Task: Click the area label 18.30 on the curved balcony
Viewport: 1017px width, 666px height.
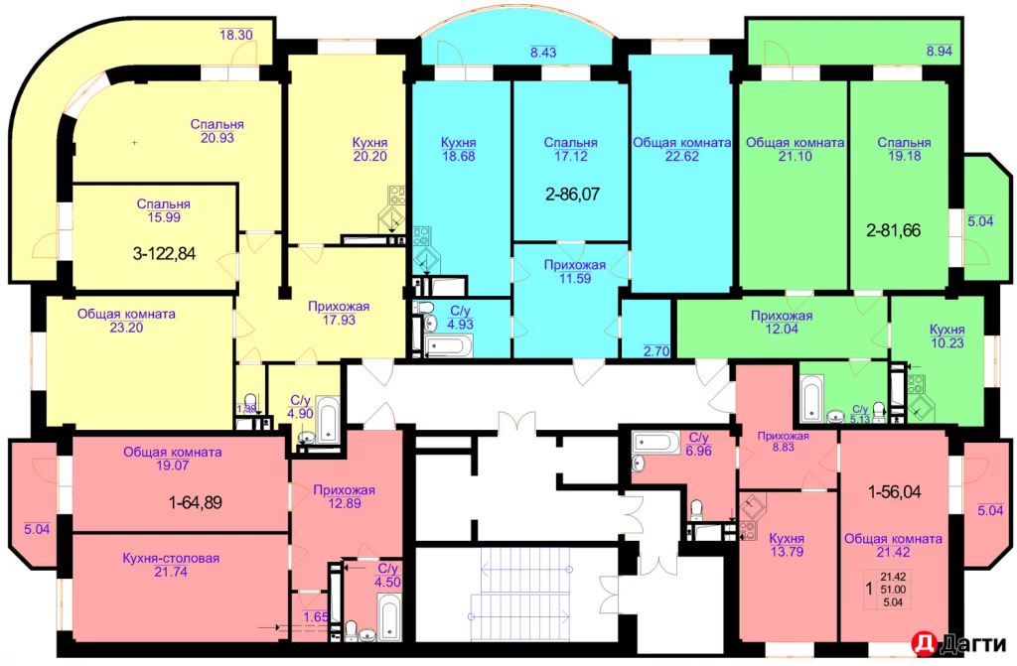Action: (236, 35)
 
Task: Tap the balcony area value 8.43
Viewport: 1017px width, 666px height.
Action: (543, 52)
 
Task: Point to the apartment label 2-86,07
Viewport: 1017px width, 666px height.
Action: (571, 196)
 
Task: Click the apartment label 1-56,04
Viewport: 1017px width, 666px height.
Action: (902, 490)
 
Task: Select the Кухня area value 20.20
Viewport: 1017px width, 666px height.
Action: (369, 155)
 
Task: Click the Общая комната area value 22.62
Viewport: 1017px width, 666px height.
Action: (681, 155)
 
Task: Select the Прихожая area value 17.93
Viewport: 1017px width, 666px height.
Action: (339, 320)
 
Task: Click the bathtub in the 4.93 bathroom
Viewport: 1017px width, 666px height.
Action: (449, 346)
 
